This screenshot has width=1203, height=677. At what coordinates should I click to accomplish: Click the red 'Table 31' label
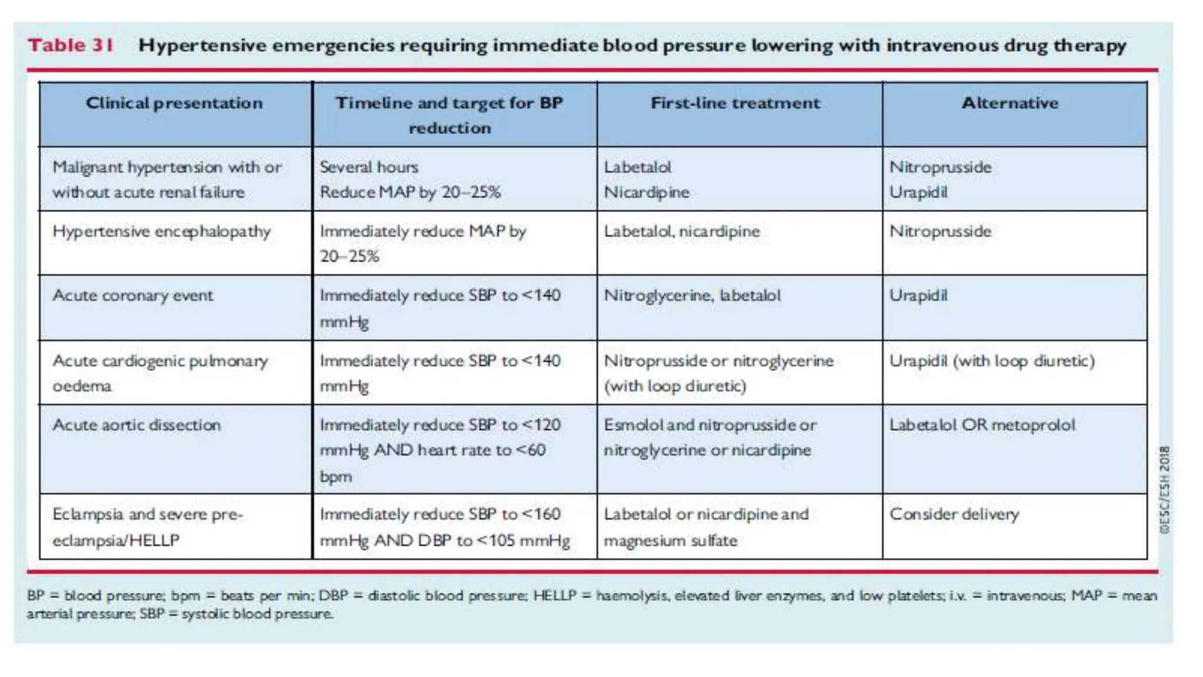pyautogui.click(x=70, y=45)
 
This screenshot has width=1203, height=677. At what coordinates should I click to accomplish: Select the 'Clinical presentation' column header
pyautogui.click(x=174, y=103)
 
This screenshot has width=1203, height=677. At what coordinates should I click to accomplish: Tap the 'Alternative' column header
pyautogui.click(x=1010, y=103)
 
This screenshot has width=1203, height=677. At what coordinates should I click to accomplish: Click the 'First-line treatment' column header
pyautogui.click(x=735, y=103)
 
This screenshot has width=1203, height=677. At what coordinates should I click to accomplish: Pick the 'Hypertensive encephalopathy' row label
pyautogui.click(x=162, y=232)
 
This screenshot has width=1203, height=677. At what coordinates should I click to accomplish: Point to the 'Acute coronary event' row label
pyautogui.click(x=133, y=295)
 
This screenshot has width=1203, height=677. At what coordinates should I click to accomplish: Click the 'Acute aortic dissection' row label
pyautogui.click(x=137, y=425)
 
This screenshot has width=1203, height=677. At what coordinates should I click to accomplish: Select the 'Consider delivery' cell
pyautogui.click(x=954, y=514)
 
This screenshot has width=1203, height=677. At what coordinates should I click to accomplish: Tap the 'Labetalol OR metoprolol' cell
pyautogui.click(x=982, y=425)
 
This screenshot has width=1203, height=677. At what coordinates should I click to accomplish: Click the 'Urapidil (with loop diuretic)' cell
pyautogui.click(x=992, y=360)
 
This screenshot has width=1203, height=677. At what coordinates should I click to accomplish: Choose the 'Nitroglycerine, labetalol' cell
pyautogui.click(x=692, y=295)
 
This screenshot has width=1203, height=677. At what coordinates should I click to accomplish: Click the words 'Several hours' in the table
pyautogui.click(x=369, y=167)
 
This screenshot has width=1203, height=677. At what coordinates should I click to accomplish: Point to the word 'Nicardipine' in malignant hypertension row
pyautogui.click(x=646, y=192)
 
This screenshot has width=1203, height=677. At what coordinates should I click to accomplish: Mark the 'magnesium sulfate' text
pyautogui.click(x=670, y=541)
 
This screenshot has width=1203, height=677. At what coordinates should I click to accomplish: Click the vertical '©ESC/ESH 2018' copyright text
pyautogui.click(x=1164, y=490)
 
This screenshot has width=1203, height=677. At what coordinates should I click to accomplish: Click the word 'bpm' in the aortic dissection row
pyautogui.click(x=335, y=477)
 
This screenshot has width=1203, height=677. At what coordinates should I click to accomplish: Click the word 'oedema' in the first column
pyautogui.click(x=82, y=386)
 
